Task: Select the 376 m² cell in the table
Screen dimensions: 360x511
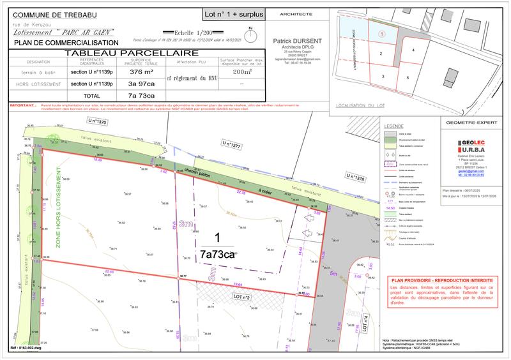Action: (x=133, y=73)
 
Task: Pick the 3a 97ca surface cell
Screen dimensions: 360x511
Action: (x=133, y=84)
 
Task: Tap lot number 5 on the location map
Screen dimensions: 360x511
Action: (x=408, y=77)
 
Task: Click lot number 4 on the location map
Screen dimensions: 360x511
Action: (x=413, y=49)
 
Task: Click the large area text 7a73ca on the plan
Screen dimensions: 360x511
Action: (x=217, y=254)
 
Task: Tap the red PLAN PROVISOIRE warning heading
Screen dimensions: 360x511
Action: (x=441, y=280)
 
